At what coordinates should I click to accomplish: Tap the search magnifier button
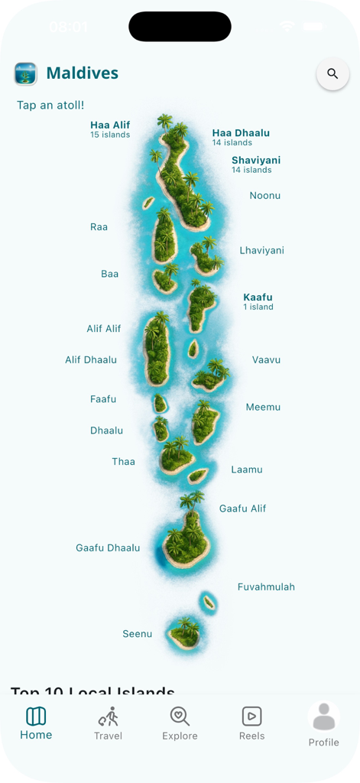pos(332,74)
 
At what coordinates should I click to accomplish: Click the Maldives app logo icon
pos(26,74)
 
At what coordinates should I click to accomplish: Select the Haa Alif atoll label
pos(110,125)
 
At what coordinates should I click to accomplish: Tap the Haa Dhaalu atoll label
pos(241,133)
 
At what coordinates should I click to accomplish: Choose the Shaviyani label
pos(256,161)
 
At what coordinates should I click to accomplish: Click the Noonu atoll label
pos(265,196)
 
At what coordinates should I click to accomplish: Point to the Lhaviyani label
pos(261,251)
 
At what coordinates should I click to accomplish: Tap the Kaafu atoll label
pos(258,297)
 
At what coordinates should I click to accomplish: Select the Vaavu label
pos(266,360)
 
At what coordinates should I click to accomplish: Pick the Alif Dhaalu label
pos(91,360)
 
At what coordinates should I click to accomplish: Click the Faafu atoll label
pos(103,399)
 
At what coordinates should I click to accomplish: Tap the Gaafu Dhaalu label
pos(108,548)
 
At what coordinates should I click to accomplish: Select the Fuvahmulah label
pos(266,587)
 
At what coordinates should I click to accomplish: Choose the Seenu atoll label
pos(138,634)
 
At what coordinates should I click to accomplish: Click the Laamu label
pos(247,469)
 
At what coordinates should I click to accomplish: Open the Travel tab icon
pos(109,716)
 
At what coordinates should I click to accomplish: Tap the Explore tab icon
pos(180,716)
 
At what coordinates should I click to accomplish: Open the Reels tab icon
pos(251,716)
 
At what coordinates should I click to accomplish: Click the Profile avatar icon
pos(324,717)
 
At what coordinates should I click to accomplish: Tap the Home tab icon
pos(36,716)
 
